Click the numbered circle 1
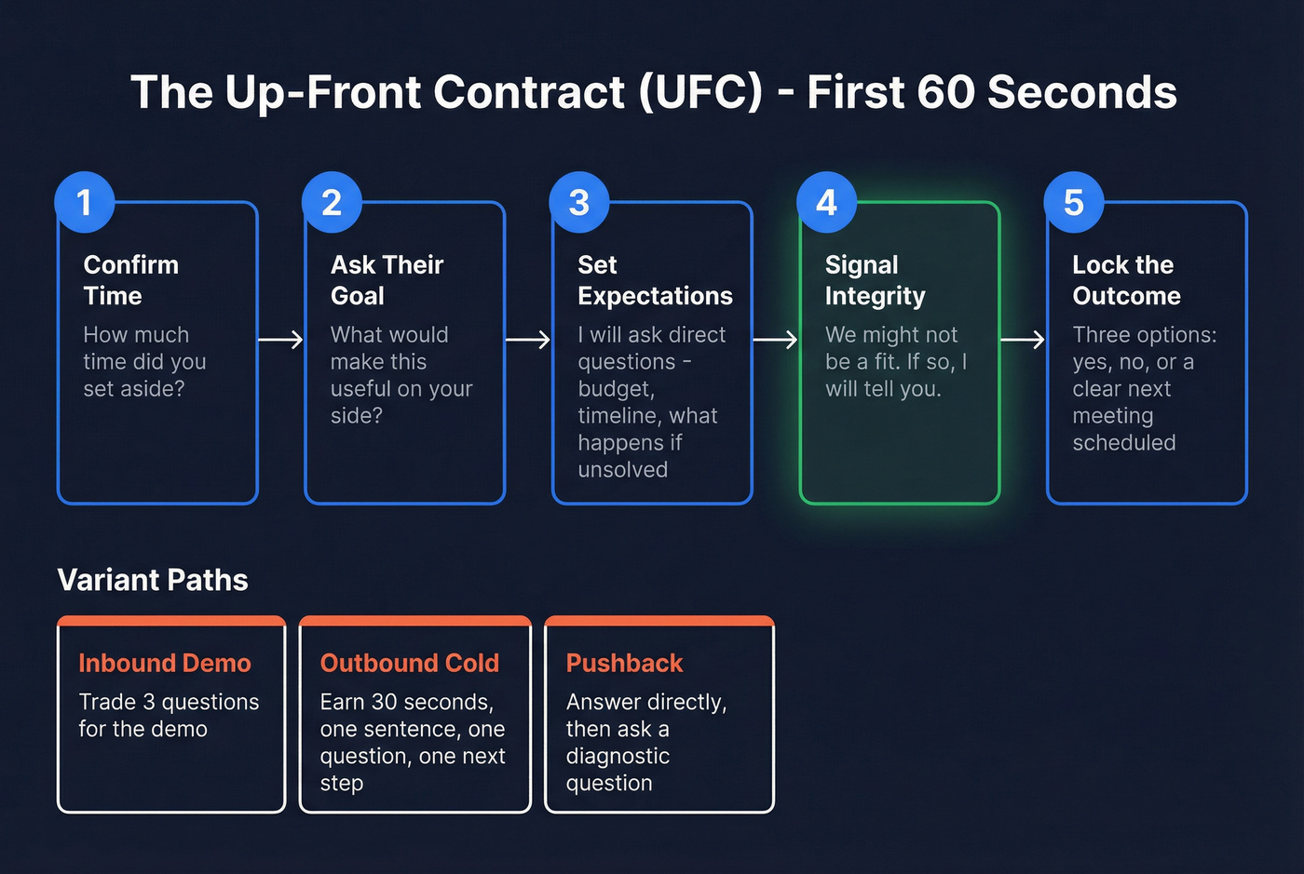point(85,202)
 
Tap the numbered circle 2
point(332,202)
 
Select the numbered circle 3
point(579,202)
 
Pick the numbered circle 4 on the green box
point(826,202)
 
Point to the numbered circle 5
point(1073,202)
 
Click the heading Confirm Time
point(130,280)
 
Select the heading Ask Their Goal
point(387,280)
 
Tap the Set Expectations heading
point(655,280)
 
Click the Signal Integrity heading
point(875,280)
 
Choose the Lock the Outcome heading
point(1125,280)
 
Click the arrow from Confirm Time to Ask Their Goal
point(280,340)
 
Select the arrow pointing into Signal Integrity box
point(775,340)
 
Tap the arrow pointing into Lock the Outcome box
point(1022,340)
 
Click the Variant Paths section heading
point(153,580)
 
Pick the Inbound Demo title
point(165,663)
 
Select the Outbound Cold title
point(409,663)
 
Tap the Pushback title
point(624,663)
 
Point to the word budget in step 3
point(616,389)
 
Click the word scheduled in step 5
point(1123,443)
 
